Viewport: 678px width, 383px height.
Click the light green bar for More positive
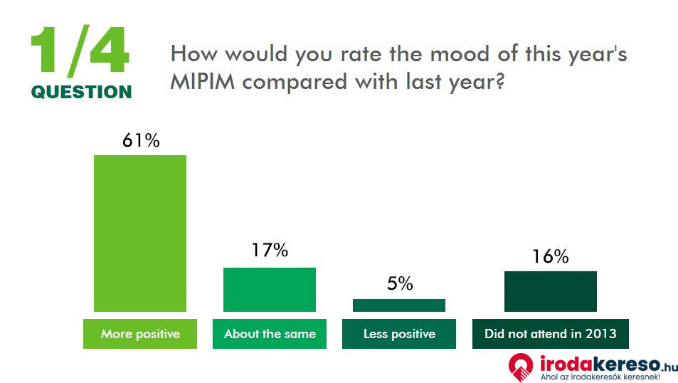pos(140,233)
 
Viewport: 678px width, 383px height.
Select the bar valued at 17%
pos(270,289)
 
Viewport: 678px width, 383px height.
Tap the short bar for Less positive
pos(399,305)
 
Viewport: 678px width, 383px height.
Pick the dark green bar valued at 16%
pos(550,291)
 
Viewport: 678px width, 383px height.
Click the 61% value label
pos(140,140)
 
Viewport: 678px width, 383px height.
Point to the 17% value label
pos(269,251)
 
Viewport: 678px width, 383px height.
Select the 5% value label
pos(400,283)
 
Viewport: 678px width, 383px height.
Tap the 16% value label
pos(550,256)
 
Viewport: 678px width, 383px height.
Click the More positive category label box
pos(140,334)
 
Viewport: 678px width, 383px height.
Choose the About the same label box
pos(270,334)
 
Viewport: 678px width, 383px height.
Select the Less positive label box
pos(399,334)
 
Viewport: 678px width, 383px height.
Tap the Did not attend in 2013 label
pos(550,334)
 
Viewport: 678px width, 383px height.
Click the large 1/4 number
pos(80,51)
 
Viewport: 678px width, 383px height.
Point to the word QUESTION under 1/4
pos(81,92)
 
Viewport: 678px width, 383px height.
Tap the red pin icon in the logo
pos(521,367)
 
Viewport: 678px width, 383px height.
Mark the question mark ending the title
pos(499,82)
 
